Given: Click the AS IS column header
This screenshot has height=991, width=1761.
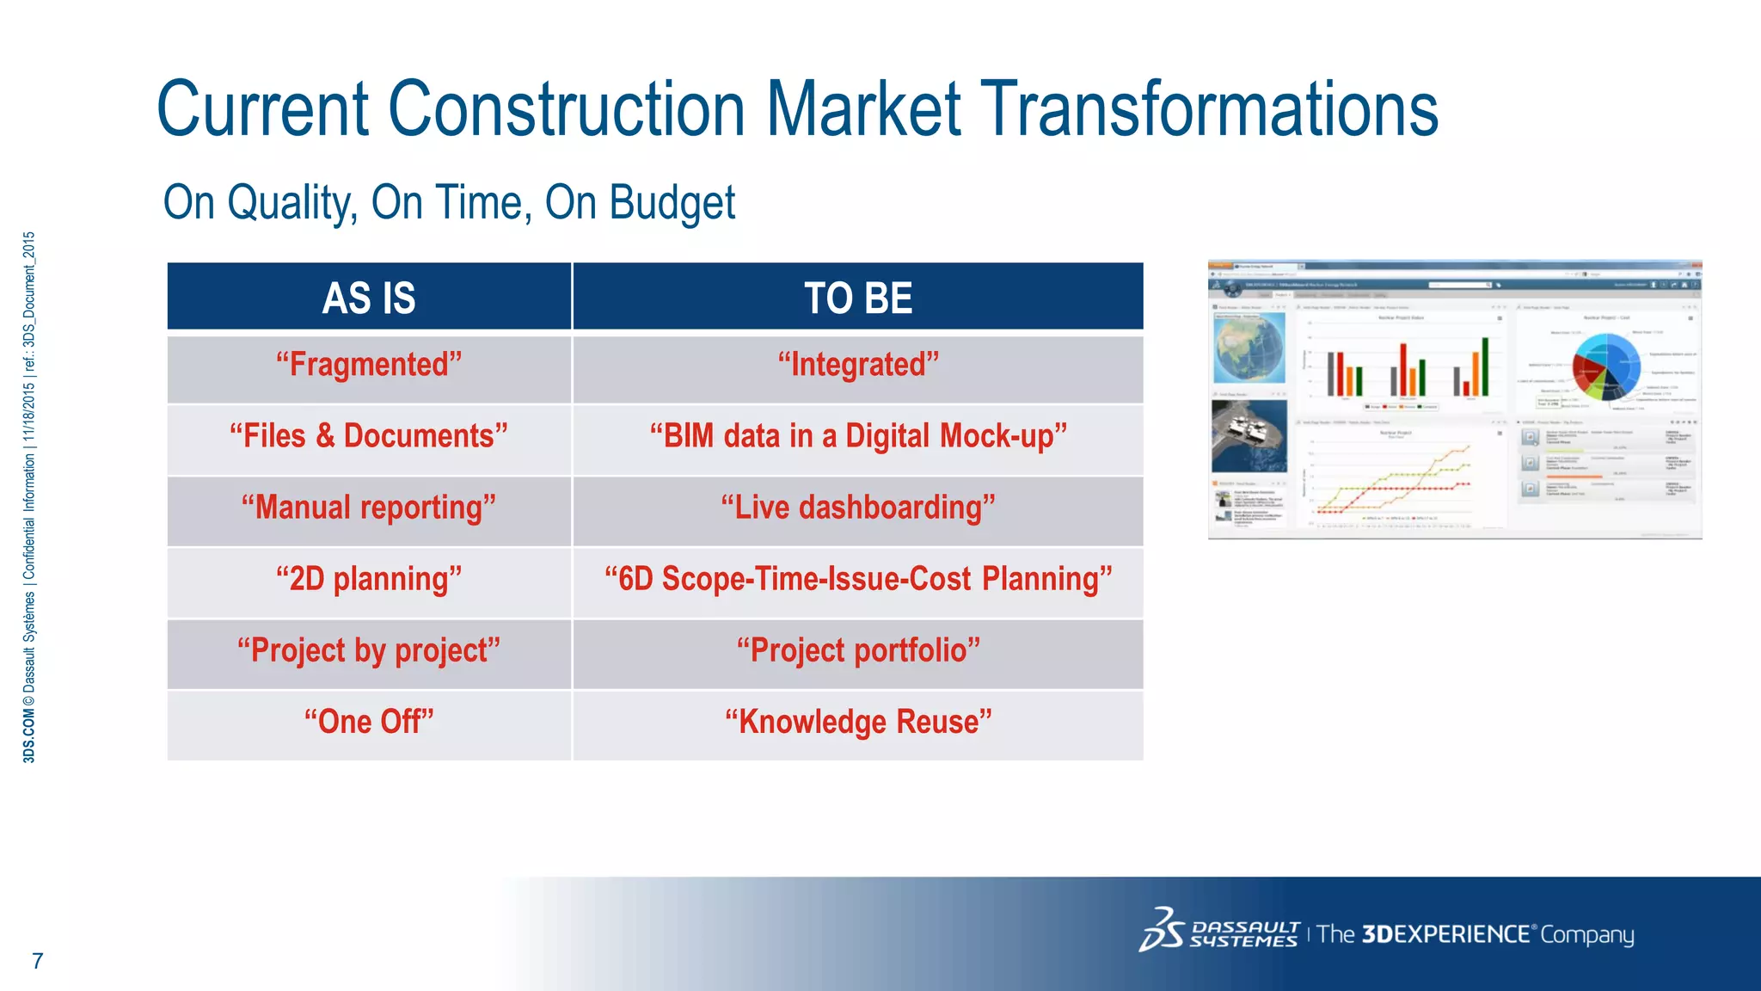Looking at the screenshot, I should [369, 298].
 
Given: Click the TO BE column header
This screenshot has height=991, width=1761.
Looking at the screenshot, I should [858, 298].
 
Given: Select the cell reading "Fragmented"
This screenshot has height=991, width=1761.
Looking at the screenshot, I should [369, 365].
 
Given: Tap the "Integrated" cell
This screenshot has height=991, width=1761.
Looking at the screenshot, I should [858, 365].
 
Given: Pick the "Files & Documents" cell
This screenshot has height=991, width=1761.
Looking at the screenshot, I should [369, 436].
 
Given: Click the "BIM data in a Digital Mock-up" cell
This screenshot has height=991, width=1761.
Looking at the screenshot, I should [858, 436].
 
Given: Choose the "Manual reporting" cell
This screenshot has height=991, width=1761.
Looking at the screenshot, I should [369, 508].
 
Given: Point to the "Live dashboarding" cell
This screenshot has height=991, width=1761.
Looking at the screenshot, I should [858, 508].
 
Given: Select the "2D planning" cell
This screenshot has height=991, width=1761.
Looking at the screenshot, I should [369, 579].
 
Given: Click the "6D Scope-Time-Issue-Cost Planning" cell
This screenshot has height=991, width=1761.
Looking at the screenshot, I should [858, 579].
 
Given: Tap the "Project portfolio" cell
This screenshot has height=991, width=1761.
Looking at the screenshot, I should [858, 650].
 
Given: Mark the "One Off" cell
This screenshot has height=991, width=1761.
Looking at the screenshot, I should [369, 722].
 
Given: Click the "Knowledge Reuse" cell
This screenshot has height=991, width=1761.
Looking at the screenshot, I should [858, 722].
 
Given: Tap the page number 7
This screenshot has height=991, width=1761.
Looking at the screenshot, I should [37, 961].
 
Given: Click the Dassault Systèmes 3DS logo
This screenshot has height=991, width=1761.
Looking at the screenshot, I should [1163, 930].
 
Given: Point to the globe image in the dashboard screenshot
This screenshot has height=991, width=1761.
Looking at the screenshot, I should [1249, 348].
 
